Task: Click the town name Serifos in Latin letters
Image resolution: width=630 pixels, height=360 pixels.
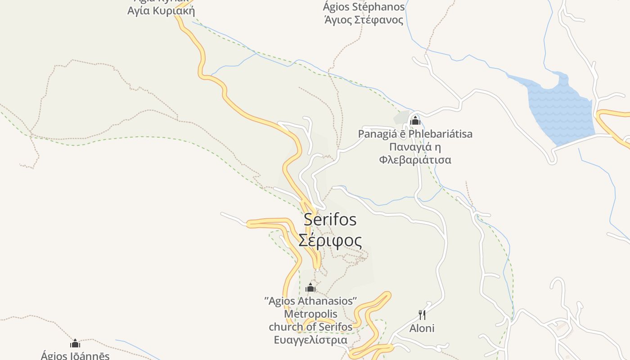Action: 330,220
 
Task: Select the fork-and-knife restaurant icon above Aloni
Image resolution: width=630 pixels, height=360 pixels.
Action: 422,315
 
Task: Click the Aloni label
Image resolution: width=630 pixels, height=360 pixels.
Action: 422,328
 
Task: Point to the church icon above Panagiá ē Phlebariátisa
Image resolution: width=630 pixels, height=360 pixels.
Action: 415,121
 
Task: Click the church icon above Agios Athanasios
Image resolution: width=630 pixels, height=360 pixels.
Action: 310,288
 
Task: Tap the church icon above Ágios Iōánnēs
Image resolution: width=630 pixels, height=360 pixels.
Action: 75,344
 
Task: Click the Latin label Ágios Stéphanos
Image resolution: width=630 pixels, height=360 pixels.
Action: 364,7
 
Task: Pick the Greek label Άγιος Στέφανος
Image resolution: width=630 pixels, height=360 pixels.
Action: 364,20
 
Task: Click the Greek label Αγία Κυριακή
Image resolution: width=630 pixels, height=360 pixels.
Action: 161,11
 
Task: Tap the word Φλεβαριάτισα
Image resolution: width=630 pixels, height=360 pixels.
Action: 415,160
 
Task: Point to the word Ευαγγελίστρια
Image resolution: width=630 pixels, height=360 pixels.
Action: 310,340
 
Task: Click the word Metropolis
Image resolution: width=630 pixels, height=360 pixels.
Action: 310,314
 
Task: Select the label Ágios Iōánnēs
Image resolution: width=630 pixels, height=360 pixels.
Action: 75,355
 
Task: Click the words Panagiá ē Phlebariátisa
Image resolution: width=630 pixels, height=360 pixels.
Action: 415,134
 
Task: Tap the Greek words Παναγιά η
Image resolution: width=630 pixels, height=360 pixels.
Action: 415,147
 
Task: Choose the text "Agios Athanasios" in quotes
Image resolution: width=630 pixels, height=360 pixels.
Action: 310,301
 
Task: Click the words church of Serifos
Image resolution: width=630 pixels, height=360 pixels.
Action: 310,327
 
